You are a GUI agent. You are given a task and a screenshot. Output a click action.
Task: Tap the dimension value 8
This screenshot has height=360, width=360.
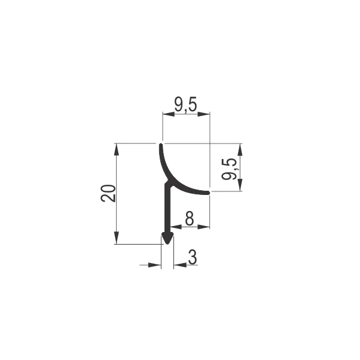[x=189, y=219]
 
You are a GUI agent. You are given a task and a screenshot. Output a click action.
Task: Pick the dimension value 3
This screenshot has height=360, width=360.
[x=193, y=257]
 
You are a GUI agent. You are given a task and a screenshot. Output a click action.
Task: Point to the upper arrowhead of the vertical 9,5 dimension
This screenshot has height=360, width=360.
[x=240, y=148]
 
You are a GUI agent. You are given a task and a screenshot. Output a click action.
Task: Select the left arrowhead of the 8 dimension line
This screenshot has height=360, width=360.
[x=175, y=227]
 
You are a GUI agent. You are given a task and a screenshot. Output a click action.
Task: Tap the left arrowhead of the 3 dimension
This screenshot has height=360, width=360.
[x=158, y=265]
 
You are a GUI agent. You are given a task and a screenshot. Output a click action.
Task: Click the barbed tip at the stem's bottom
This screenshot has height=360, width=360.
[x=167, y=239]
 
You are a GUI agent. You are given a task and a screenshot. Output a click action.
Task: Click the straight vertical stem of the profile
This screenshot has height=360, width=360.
[x=167, y=209]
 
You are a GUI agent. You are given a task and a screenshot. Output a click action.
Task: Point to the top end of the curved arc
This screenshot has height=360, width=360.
[x=161, y=145]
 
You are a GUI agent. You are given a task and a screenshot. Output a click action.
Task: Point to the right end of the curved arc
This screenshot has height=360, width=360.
[x=208, y=193]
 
